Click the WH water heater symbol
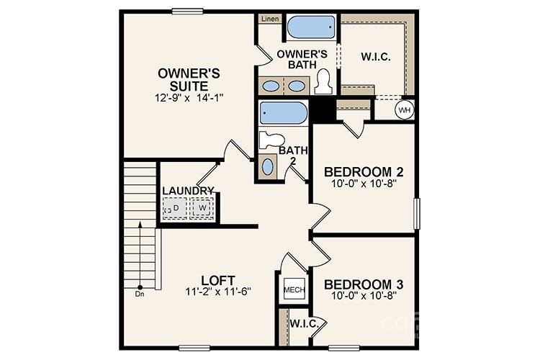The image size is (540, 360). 404,109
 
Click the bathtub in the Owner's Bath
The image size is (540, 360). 311,27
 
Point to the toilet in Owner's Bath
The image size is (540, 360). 323,81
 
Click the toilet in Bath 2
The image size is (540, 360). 272,140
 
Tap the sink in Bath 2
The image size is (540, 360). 268,167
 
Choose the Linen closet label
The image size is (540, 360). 270,19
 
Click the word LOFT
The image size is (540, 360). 215,279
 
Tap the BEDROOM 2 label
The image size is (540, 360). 363,172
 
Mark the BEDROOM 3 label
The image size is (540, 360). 363,283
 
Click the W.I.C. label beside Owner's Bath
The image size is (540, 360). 374,57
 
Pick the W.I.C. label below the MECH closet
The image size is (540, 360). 305,323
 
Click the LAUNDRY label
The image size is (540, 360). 188,191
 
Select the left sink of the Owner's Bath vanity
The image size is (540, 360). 271,86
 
